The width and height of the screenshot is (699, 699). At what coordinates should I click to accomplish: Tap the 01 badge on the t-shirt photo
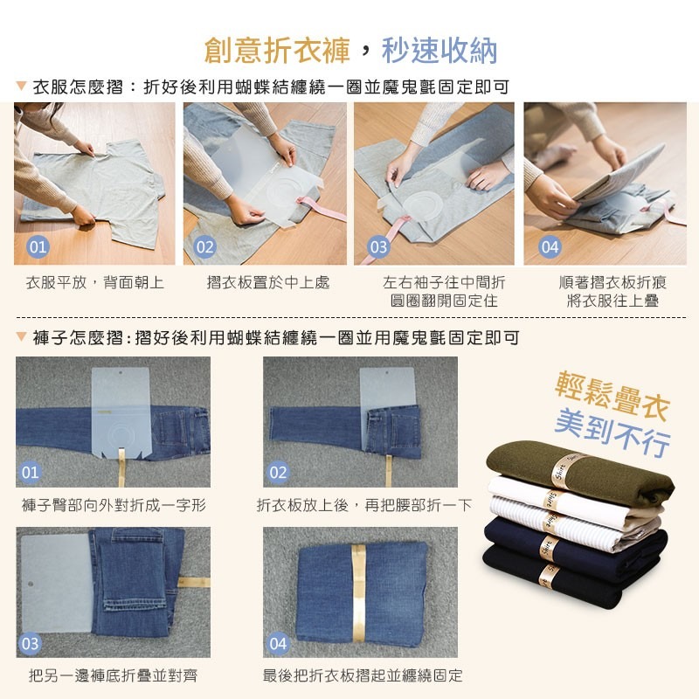[x=38, y=247]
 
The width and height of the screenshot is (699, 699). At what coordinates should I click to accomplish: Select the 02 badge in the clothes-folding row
[x=204, y=247]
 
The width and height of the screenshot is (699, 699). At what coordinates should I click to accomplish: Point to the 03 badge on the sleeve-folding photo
[x=377, y=247]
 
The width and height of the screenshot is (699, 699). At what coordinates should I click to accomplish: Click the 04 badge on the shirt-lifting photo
[x=550, y=247]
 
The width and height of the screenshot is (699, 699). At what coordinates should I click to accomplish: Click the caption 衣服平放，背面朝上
[x=95, y=283]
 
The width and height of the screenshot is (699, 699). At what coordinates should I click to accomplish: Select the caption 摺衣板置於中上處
[x=268, y=283]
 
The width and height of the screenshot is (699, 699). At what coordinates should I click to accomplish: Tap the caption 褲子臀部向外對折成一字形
[x=114, y=505]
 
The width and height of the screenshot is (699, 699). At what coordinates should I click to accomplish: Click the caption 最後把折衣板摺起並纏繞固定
[x=363, y=675]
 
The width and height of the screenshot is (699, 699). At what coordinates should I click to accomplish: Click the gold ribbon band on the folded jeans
[x=357, y=592]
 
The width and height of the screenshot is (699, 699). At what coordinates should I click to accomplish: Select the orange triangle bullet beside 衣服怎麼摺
[x=21, y=87]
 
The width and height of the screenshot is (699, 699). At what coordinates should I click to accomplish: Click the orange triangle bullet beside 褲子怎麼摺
[x=21, y=337]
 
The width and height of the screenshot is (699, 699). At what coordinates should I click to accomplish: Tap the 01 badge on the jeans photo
[x=31, y=474]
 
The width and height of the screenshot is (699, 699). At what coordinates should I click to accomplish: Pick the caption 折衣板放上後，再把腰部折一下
[x=363, y=505]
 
